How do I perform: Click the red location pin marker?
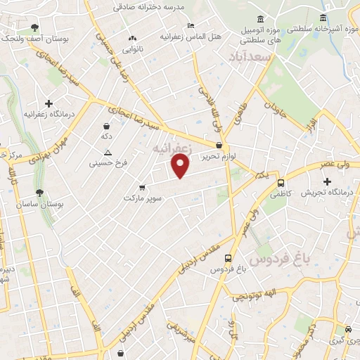pos(181,166)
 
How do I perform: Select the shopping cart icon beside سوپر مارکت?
pos(142,188)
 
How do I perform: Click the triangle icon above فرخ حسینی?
pos(108,153)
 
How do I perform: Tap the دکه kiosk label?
pos(107,136)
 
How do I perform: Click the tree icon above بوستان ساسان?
pos(39,192)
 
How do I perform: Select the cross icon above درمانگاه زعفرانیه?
pos(49,103)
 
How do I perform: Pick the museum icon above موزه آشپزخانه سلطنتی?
pos(323,18)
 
